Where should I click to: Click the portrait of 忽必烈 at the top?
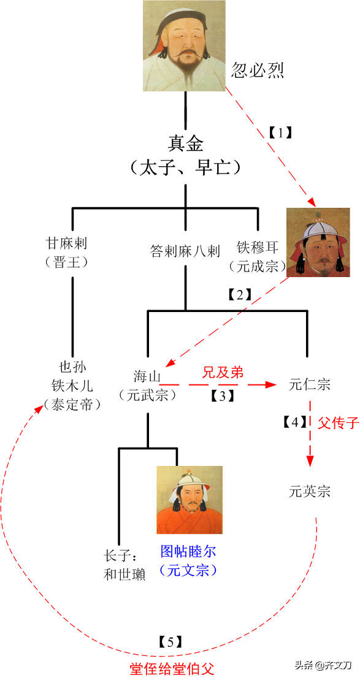185,46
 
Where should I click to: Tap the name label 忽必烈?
257,70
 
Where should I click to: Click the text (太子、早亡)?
185,167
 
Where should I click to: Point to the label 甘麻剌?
72,245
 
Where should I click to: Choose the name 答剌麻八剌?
185,251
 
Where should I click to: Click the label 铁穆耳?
258,248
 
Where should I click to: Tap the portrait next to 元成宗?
318,242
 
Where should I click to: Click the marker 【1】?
281,133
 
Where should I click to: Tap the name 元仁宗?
310,384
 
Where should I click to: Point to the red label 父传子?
339,423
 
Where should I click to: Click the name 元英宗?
310,492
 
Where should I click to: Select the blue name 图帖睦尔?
187,551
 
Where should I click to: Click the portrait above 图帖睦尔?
189,500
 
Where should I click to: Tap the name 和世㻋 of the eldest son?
124,574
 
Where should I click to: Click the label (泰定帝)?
72,405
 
